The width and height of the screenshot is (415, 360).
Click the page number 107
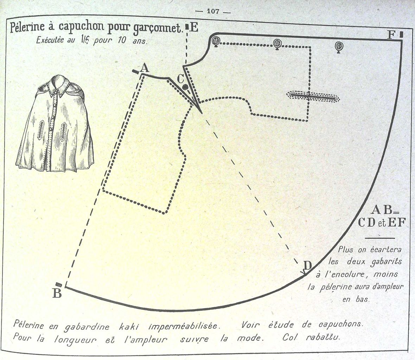point(213,11)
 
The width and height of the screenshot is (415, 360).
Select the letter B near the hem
point(57,293)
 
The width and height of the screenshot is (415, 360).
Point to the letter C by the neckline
point(180,78)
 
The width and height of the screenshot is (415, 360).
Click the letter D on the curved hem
point(307,264)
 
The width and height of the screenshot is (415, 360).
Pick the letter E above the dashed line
point(194,27)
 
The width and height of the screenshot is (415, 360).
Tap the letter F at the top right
point(391,35)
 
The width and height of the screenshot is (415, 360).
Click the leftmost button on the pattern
point(216,41)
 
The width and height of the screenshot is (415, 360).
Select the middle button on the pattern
point(277,44)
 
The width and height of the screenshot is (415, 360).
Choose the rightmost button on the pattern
point(339,46)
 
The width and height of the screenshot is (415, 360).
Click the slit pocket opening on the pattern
point(313,97)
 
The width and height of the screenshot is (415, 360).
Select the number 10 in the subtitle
point(120,41)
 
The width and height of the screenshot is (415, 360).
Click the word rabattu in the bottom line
point(323,337)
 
